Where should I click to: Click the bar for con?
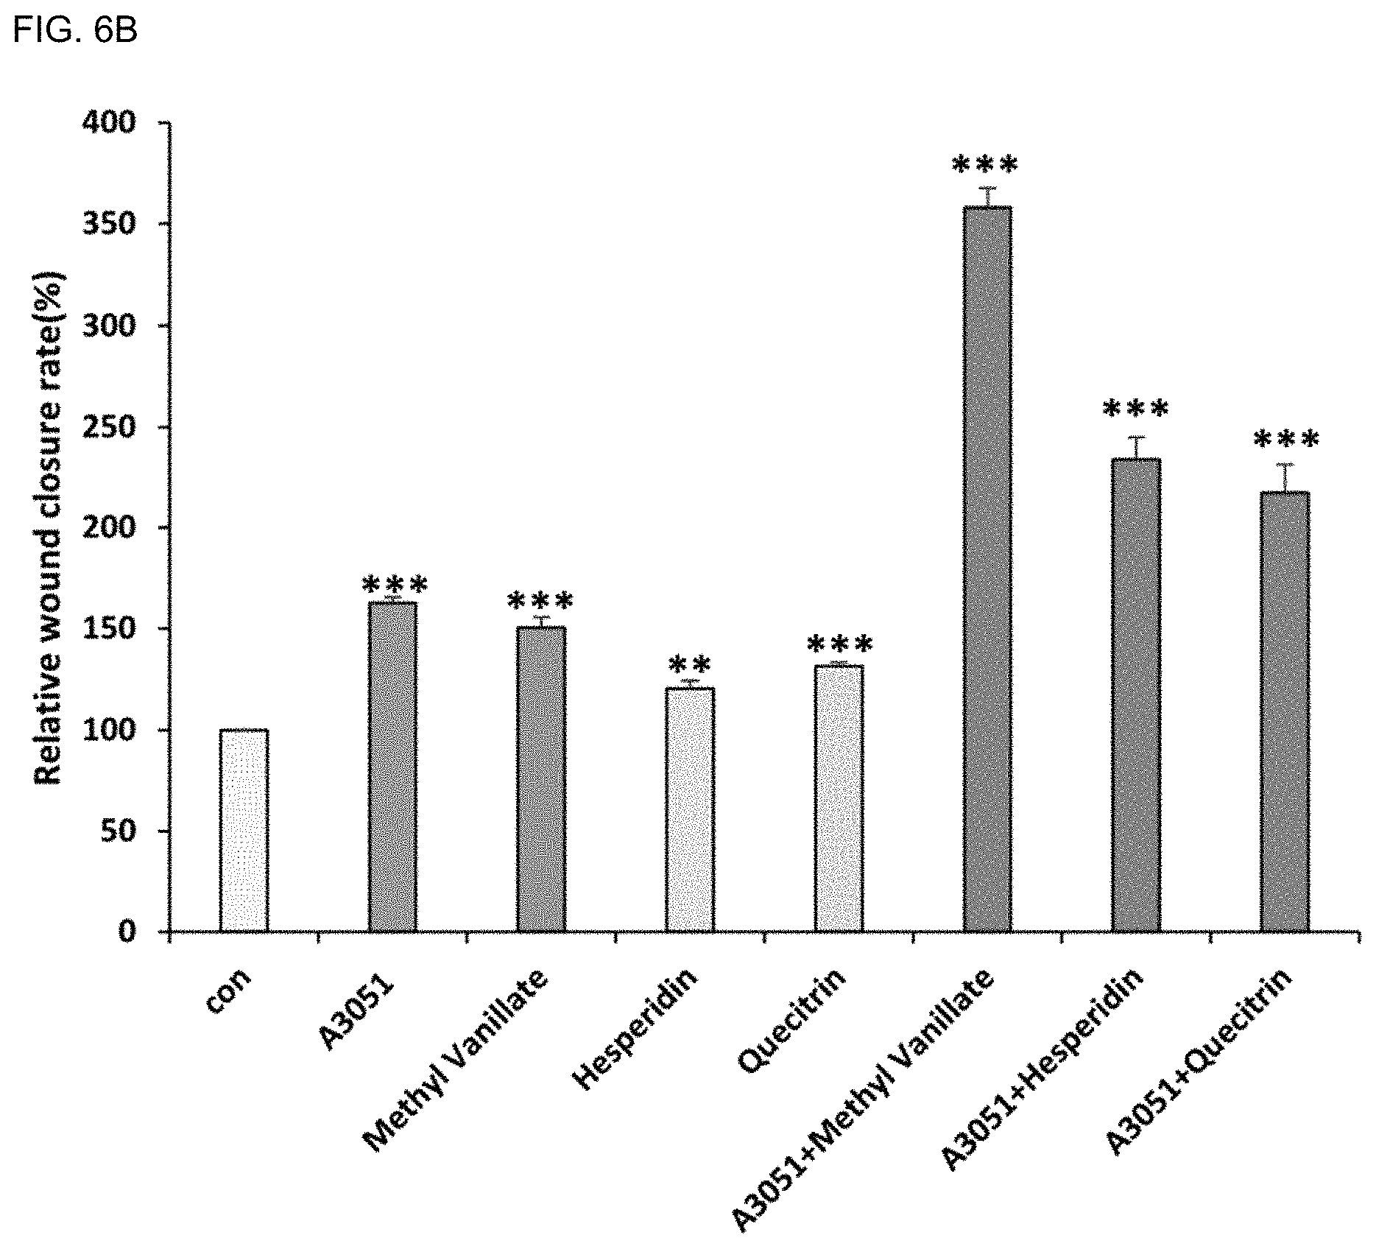point(244,830)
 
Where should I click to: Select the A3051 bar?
point(392,767)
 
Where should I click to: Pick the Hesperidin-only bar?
point(690,809)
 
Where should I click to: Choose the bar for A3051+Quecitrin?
point(1285,711)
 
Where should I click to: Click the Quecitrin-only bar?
point(839,798)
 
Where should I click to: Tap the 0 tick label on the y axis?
point(128,932)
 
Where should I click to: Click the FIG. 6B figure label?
point(75,31)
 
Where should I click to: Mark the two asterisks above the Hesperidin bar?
point(690,666)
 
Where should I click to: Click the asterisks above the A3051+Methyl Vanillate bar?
point(985,166)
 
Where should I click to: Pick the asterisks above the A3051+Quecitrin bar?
point(1286,440)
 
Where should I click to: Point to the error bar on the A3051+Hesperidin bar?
point(1137,448)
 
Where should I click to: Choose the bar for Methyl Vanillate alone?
point(541,779)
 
